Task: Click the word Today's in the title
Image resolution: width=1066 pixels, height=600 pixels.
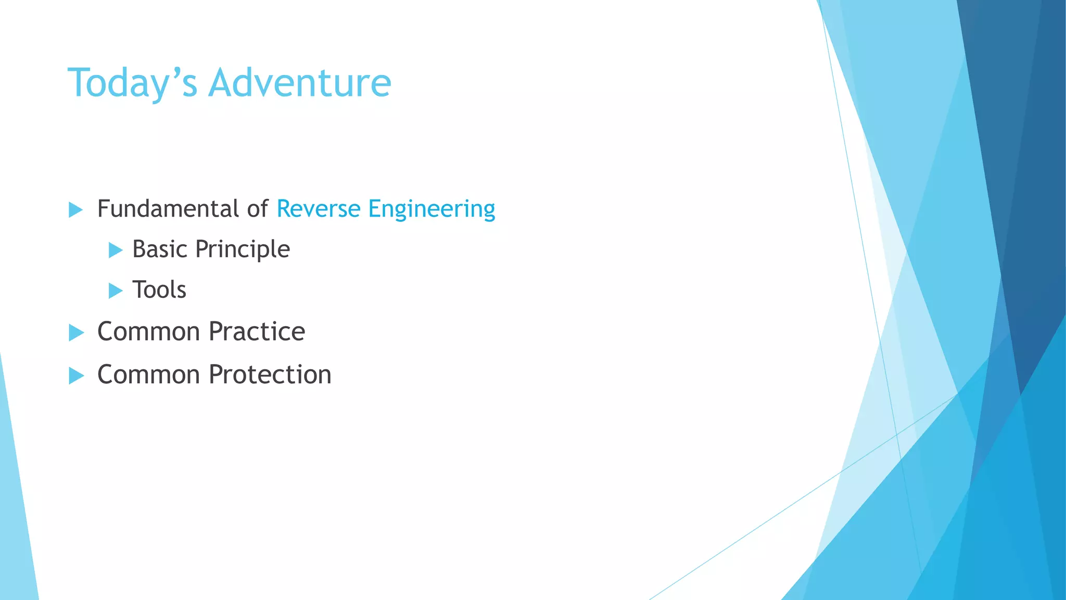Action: point(132,83)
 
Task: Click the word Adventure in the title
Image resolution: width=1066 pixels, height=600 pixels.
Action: point(299,83)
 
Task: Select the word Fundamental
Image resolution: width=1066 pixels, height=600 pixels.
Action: point(168,209)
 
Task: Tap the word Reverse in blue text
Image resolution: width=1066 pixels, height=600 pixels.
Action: point(318,209)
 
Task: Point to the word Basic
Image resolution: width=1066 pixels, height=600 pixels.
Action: point(159,249)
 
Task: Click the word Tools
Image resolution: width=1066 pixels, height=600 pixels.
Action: point(159,290)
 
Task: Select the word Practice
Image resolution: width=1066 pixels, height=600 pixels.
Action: point(257,332)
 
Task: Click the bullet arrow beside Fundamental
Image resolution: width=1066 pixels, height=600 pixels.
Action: point(76,210)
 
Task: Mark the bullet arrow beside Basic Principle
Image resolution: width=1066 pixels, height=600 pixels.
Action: point(116,250)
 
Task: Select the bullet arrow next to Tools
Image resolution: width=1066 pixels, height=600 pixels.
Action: point(116,291)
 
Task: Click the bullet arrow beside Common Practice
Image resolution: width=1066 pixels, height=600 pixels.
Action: point(76,332)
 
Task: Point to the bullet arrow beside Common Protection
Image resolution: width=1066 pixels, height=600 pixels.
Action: point(76,376)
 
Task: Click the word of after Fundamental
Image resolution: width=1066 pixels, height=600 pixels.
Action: point(257,209)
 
